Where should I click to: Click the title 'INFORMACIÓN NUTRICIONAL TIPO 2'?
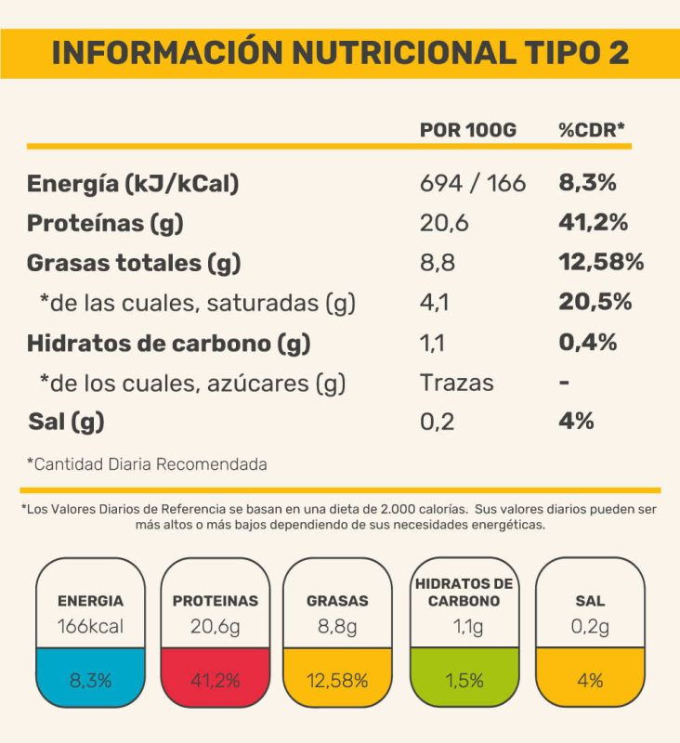pyautogui.click(x=340, y=53)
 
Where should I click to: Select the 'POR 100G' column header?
pyautogui.click(x=467, y=130)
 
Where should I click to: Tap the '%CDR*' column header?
pyautogui.click(x=592, y=130)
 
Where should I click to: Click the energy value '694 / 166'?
pyautogui.click(x=473, y=183)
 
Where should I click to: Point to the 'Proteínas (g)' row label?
pyautogui.click(x=105, y=223)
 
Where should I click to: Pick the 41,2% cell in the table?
pyautogui.click(x=594, y=223)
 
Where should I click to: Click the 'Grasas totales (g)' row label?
pyautogui.click(x=134, y=263)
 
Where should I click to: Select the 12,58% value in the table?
pyautogui.click(x=601, y=263)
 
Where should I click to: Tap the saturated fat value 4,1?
pyautogui.click(x=435, y=303)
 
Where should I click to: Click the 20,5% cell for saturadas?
pyautogui.click(x=595, y=303)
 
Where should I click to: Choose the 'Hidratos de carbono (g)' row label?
pyautogui.click(x=168, y=343)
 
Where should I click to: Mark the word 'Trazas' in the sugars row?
pyautogui.click(x=457, y=383)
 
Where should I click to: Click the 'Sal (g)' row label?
pyautogui.click(x=65, y=422)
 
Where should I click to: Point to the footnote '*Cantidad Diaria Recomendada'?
pyautogui.click(x=147, y=463)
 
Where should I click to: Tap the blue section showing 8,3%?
pyautogui.click(x=90, y=679)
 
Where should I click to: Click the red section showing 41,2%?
pyautogui.click(x=216, y=679)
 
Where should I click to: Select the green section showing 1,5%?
pyautogui.click(x=464, y=679)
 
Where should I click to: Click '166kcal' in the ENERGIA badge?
pyautogui.click(x=90, y=626)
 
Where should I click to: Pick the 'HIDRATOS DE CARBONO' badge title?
pyautogui.click(x=464, y=592)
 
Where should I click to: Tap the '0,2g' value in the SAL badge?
pyautogui.click(x=590, y=626)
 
